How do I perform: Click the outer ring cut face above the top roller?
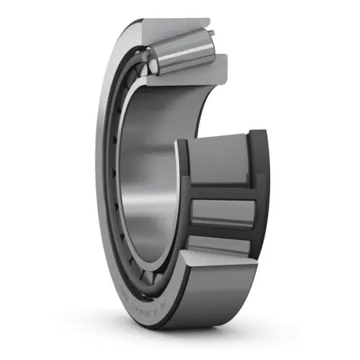[x=180, y=27]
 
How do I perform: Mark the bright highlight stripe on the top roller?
[x=184, y=46]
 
